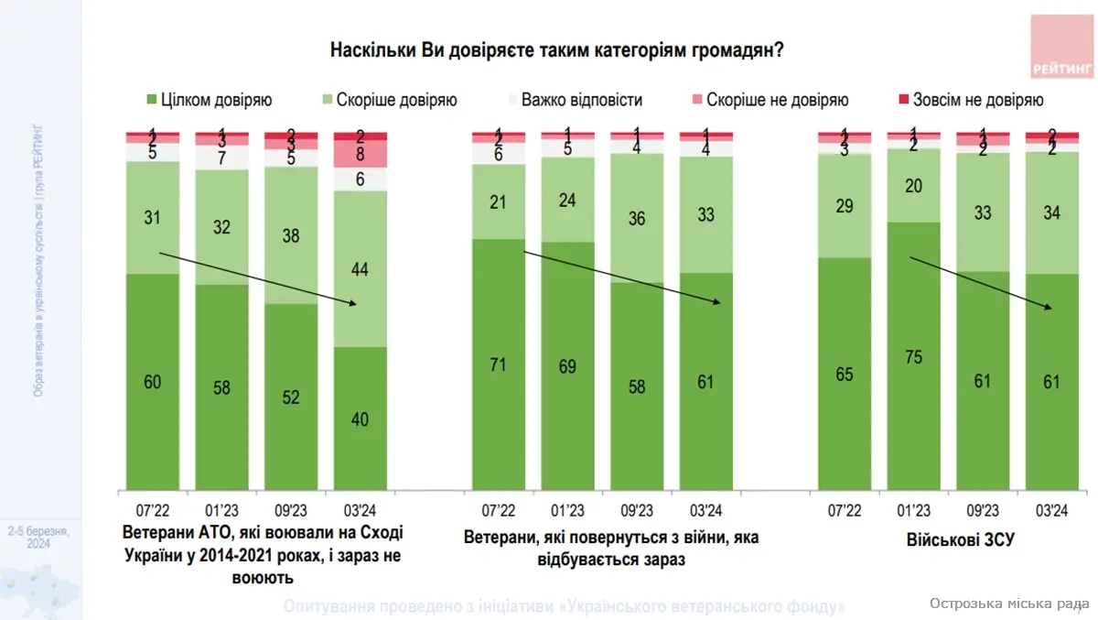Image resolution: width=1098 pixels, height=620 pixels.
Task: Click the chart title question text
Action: click(556, 50)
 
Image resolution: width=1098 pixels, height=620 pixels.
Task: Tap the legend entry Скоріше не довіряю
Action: click(766, 100)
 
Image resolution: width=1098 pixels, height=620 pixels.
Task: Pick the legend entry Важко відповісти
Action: click(574, 100)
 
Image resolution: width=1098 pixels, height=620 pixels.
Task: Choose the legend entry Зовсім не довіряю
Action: click(975, 100)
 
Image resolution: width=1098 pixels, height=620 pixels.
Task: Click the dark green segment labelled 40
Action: click(360, 418)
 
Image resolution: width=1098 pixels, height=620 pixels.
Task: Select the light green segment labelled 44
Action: click(360, 268)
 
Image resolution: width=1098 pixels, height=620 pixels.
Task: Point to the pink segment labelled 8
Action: click(360, 154)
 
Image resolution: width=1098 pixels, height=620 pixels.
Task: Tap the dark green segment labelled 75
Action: click(913, 355)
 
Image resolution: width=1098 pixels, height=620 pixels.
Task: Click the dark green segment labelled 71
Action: click(499, 364)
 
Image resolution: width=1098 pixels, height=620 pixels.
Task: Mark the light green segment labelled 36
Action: click(637, 218)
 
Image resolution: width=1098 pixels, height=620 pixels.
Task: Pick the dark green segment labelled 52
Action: click(291, 396)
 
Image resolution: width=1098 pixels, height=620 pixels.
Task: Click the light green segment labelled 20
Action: click(913, 185)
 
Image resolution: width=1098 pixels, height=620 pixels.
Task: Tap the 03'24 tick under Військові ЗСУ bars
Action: click(1051, 510)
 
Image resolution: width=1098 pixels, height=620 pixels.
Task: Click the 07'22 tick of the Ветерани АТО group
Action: click(153, 510)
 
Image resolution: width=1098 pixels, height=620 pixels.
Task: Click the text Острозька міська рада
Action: click(1006, 604)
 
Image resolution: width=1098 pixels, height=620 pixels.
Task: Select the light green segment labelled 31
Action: click(153, 217)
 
